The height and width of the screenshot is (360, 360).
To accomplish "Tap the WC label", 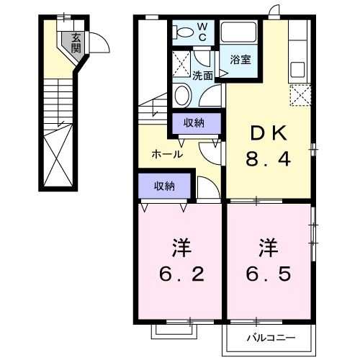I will (202, 31).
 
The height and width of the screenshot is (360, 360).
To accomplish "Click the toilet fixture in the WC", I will (184, 31).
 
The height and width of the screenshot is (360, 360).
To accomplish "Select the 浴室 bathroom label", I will (240, 60).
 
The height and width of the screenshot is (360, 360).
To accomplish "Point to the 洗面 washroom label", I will (202, 75).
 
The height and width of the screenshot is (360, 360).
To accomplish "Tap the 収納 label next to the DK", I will (194, 123).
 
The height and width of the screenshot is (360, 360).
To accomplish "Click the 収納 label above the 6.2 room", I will (164, 186).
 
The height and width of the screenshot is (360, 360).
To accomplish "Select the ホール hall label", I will (166, 154).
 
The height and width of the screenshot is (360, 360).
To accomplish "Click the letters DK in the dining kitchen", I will (270, 132).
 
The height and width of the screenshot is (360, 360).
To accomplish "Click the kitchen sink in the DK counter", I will (298, 71).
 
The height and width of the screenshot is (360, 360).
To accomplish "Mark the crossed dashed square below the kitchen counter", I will (300, 95).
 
